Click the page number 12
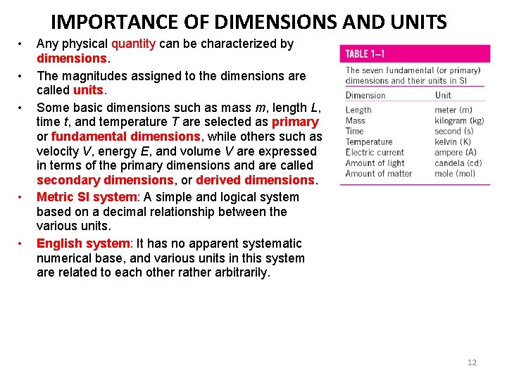pyautogui.click(x=472, y=362)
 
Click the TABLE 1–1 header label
pyautogui.click(x=365, y=54)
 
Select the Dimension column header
pyautogui.click(x=365, y=95)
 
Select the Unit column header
pyautogui.click(x=443, y=95)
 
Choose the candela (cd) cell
pyautogui.click(x=458, y=163)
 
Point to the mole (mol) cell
pyautogui.click(x=455, y=173)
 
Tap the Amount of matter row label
pyautogui.click(x=379, y=173)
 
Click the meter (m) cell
pyautogui.click(x=453, y=110)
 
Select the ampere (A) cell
pyautogui.click(x=455, y=152)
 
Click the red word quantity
pyautogui.click(x=133, y=44)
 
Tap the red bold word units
pyautogui.click(x=89, y=90)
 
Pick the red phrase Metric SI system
pyautogui.click(x=87, y=197)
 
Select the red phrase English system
pyautogui.click(x=84, y=243)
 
